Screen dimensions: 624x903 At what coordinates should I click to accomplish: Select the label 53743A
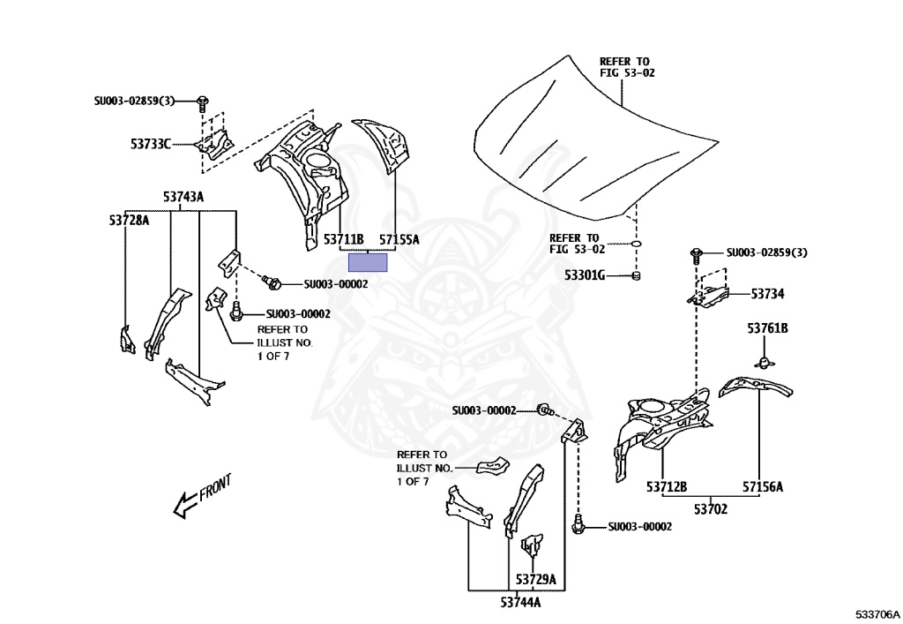click(x=183, y=197)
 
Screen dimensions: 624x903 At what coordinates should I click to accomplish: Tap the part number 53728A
click(x=129, y=220)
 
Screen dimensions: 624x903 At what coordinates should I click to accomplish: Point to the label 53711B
click(x=343, y=239)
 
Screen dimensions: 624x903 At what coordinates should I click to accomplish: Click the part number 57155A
click(x=399, y=239)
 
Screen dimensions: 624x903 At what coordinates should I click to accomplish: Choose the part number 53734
click(x=767, y=293)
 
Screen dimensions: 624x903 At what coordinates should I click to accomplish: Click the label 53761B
click(x=767, y=328)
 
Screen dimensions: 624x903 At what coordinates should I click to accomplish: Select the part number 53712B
click(x=667, y=485)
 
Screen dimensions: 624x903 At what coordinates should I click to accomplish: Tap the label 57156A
click(x=762, y=485)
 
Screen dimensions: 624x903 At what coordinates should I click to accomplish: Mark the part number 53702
click(x=711, y=508)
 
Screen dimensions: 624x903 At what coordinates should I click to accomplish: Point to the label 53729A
click(x=536, y=580)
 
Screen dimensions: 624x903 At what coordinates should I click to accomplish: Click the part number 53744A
click(x=520, y=603)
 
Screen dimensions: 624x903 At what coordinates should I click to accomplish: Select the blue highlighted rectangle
click(x=369, y=262)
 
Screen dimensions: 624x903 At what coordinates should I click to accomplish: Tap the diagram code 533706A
click(x=878, y=613)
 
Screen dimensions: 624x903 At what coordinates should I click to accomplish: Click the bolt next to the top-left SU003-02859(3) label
click(x=203, y=101)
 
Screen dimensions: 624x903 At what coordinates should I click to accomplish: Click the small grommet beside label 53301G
click(x=636, y=276)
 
